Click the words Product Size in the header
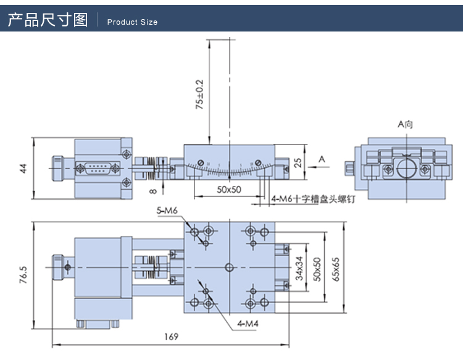point(132,22)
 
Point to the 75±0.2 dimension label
point(199,94)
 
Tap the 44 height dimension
point(23,168)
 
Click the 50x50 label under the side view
point(229,190)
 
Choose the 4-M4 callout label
point(247,324)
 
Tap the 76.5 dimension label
point(23,272)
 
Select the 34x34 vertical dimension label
point(299,269)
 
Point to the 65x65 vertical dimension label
point(335,269)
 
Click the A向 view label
point(405,124)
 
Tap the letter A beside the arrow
point(321,160)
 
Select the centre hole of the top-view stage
point(229,267)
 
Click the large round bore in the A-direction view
point(406,168)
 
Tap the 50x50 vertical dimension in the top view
point(317,269)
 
